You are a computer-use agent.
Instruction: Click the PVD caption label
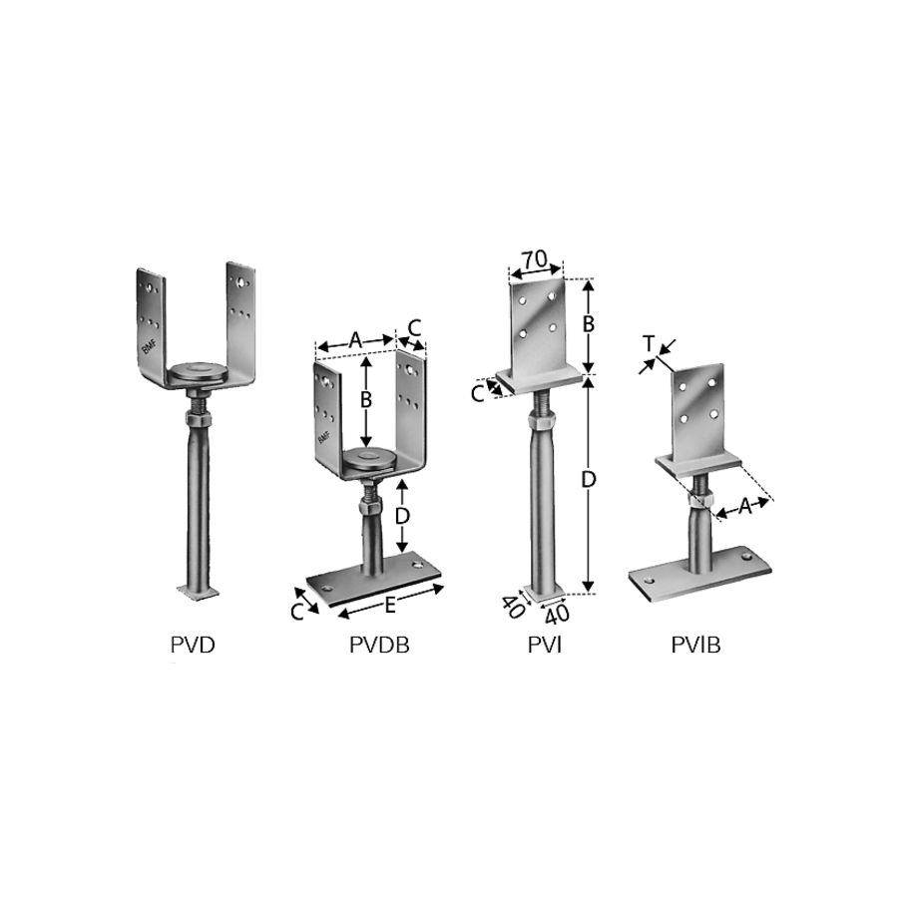pos(193,645)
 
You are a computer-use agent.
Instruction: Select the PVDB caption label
pos(379,645)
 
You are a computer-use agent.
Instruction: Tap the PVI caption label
pos(545,645)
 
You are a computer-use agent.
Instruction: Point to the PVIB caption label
pos(695,645)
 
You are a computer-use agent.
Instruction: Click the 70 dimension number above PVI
pos(534,259)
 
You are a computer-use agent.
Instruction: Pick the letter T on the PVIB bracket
pos(649,344)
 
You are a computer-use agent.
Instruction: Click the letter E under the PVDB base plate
pos(390,606)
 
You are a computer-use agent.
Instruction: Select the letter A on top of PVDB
pos(356,340)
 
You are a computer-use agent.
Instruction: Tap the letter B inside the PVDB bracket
pos(365,400)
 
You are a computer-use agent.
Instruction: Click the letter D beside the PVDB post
pos(402,516)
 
